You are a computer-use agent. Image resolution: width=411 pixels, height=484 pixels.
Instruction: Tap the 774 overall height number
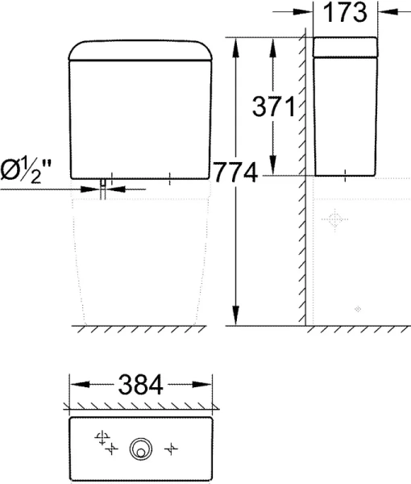click(x=235, y=172)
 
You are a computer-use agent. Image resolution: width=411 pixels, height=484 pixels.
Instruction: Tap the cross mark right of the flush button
click(x=170, y=445)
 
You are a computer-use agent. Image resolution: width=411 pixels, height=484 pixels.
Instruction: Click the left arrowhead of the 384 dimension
click(x=75, y=385)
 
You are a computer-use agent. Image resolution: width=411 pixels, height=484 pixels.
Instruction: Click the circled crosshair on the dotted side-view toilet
click(x=334, y=219)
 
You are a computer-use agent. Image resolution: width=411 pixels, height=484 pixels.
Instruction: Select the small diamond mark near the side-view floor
click(x=359, y=309)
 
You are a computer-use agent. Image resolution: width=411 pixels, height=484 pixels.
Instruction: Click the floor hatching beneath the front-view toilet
click(x=141, y=330)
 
